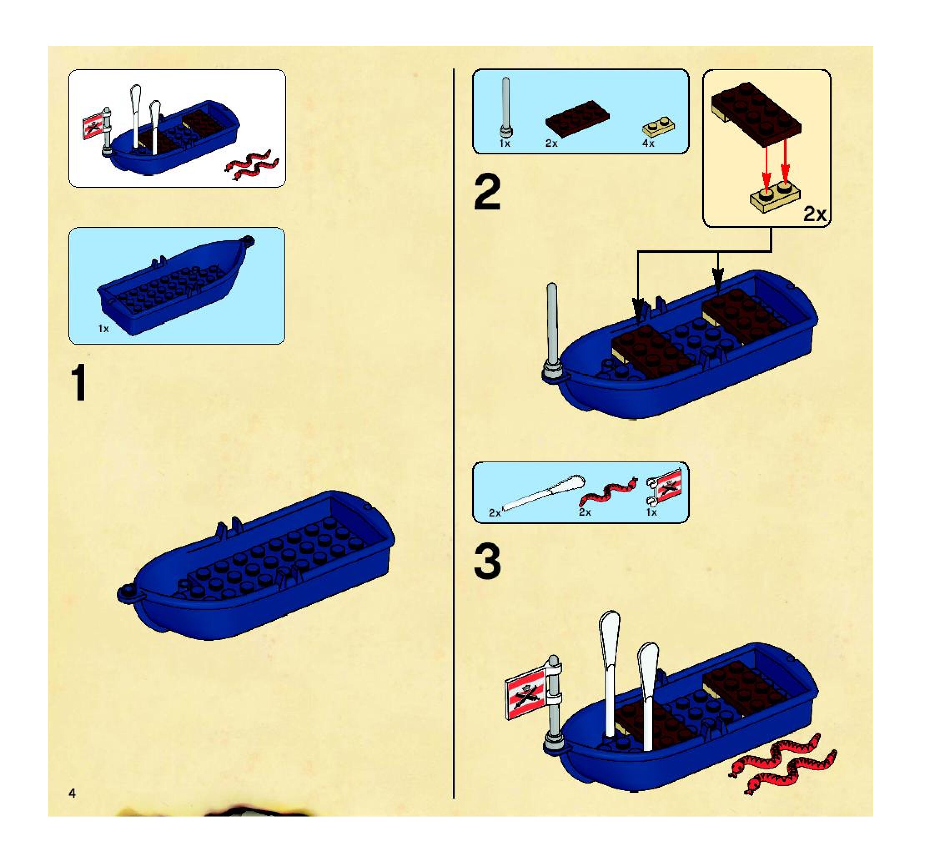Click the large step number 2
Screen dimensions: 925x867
coord(487,193)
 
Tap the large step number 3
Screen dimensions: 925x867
coord(488,562)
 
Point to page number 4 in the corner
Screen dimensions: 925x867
coord(72,793)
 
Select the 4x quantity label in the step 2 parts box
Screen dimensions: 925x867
coord(648,144)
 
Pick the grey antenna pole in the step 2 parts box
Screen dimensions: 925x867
coord(506,108)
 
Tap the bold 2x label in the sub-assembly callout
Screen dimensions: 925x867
coord(815,214)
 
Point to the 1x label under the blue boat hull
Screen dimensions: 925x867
coord(103,329)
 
